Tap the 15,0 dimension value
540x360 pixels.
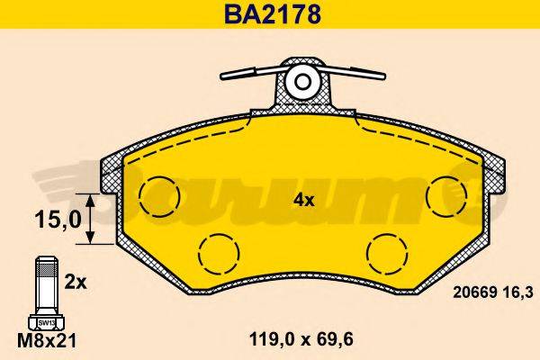53,219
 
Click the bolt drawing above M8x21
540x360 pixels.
45,289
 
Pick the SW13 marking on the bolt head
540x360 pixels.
44,321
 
